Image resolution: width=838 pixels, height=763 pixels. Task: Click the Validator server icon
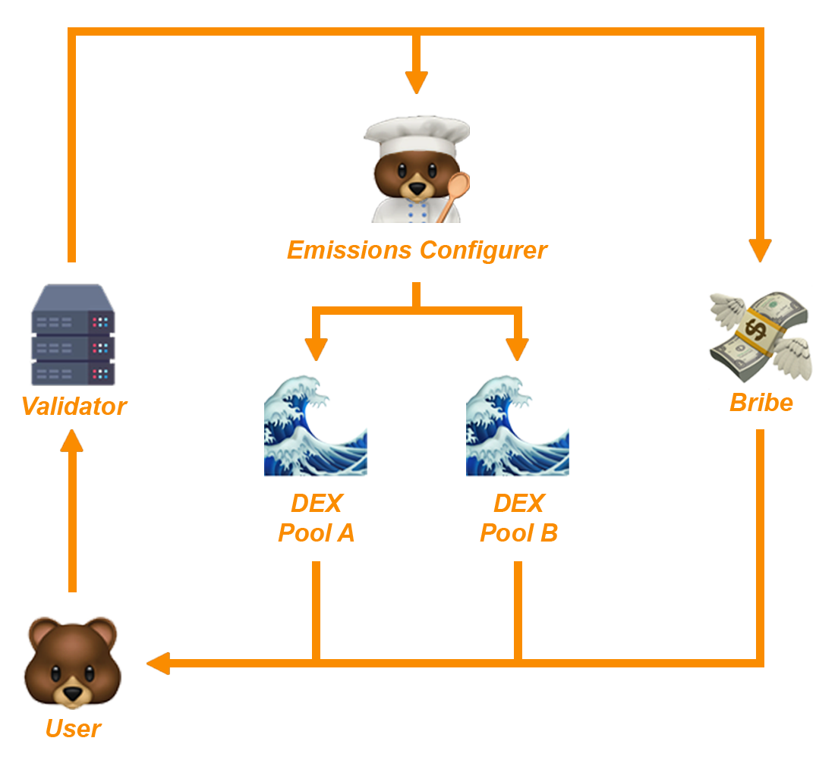click(x=73, y=334)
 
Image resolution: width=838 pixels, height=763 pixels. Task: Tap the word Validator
click(x=74, y=407)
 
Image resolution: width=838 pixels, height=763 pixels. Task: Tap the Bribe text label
click(x=761, y=402)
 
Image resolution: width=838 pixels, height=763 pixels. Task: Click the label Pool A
click(x=316, y=533)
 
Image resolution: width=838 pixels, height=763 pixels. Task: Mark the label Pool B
click(x=518, y=533)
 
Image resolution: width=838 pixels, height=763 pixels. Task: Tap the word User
click(x=73, y=729)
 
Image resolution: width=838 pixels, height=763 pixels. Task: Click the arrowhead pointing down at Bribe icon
click(x=760, y=250)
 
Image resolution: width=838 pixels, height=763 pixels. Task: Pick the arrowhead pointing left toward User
click(x=158, y=664)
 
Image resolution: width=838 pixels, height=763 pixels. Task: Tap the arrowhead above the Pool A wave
click(x=316, y=348)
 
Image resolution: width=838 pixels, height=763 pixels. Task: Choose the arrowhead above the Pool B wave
click(x=518, y=348)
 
